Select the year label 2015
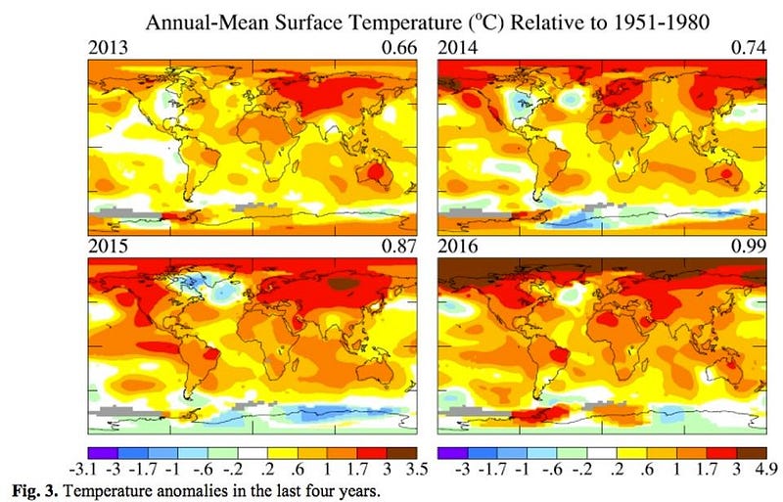pyautogui.click(x=105, y=250)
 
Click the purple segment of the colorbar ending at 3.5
pyautogui.click(x=103, y=452)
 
